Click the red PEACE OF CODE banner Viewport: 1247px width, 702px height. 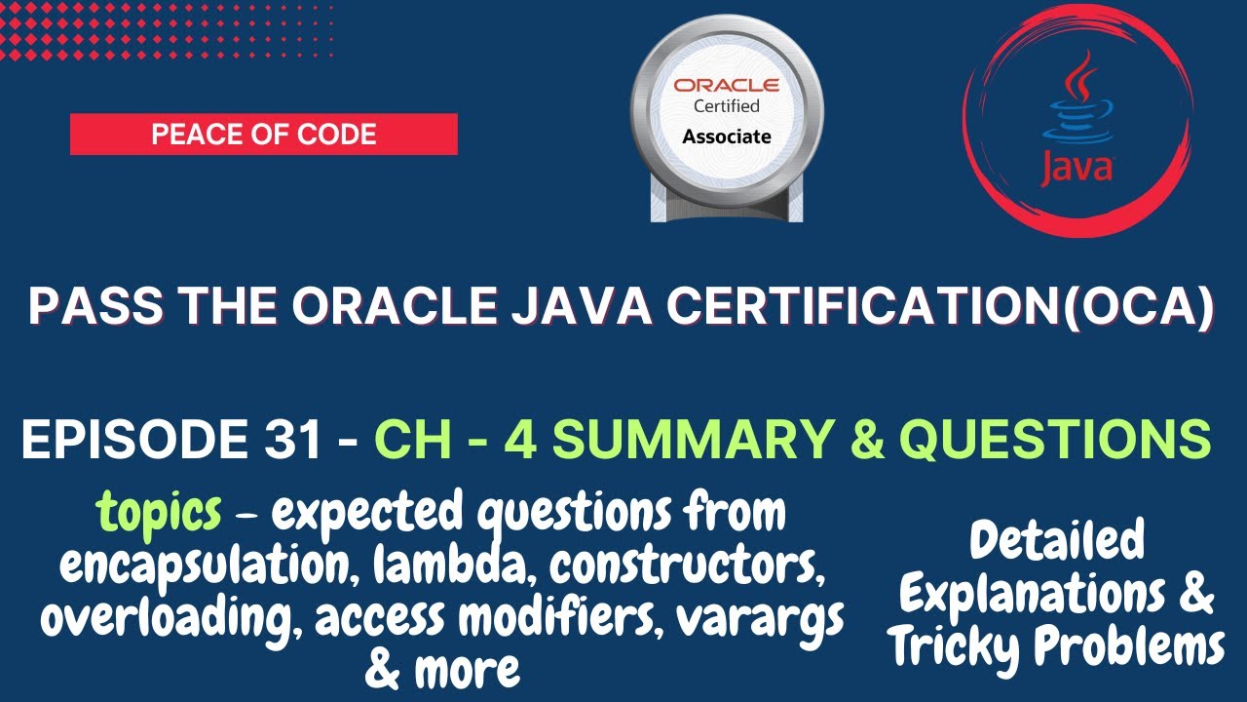[x=263, y=134]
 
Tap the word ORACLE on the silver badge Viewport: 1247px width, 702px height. [x=726, y=86]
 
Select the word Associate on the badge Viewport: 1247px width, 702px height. [x=726, y=136]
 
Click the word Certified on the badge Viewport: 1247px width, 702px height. [x=726, y=105]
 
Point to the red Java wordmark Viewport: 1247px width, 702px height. [x=1076, y=168]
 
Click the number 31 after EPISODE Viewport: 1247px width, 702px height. [x=289, y=442]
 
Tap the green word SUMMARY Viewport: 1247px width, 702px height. [x=675, y=442]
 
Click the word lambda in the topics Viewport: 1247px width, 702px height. [x=422, y=566]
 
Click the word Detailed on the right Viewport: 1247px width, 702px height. [x=1057, y=541]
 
